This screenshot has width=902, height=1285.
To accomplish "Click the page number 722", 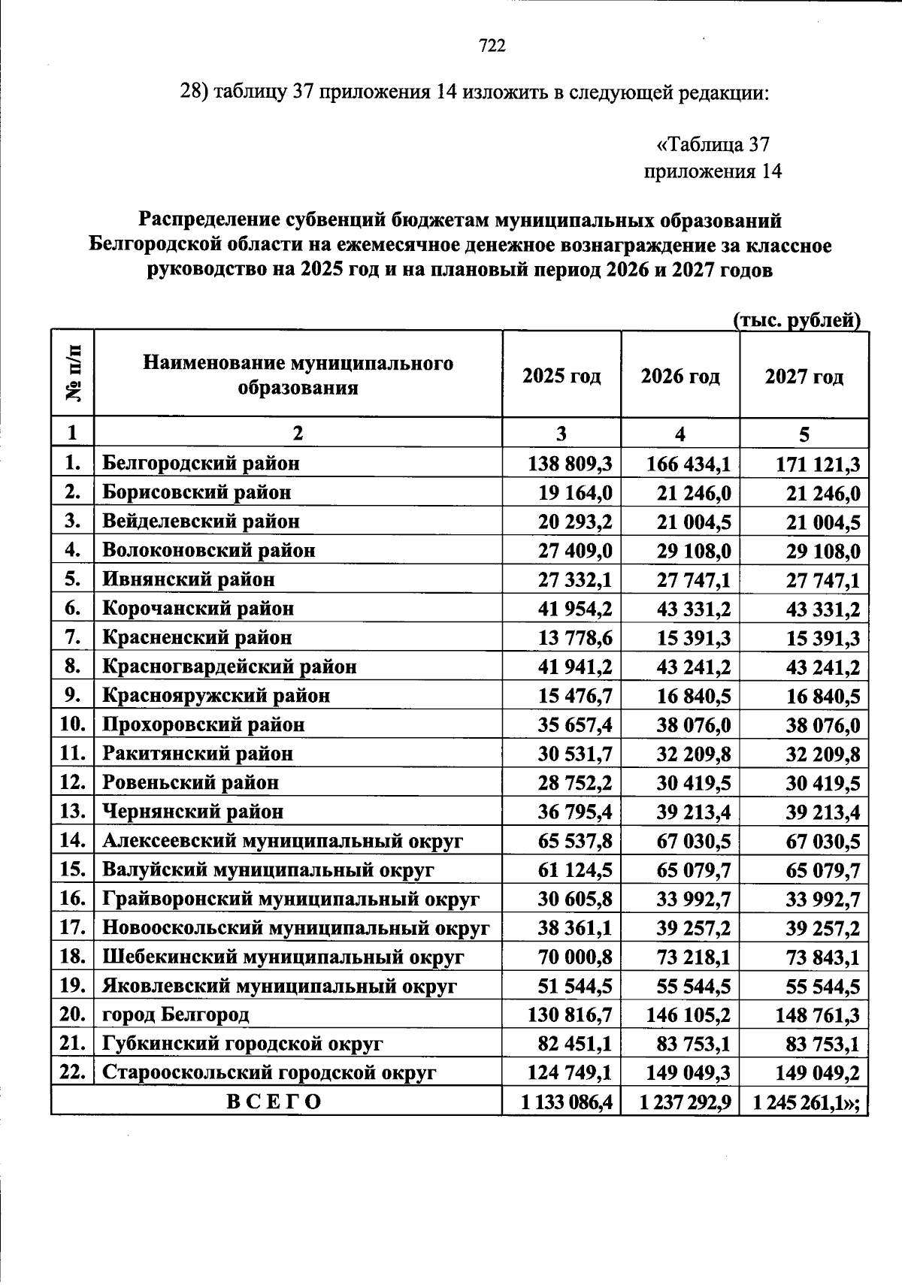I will tap(492, 47).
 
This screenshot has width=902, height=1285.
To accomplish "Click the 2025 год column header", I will tap(561, 376).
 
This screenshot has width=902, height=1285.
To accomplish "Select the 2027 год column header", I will tap(804, 376).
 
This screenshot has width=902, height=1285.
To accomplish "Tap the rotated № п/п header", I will tap(73, 373).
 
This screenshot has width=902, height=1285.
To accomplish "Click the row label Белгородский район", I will tap(201, 463).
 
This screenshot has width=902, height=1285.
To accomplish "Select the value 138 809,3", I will tap(569, 464).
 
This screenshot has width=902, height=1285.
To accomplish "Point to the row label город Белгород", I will tap(175, 1015).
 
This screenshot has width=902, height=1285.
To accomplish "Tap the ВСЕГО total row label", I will tap(274, 1102).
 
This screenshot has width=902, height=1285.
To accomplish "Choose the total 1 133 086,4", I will tap(568, 1102).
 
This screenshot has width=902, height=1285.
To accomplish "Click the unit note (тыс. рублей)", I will tap(796, 321).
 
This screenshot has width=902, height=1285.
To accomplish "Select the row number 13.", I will tap(71, 812).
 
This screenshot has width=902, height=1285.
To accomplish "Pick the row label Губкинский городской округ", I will tap(242, 1044).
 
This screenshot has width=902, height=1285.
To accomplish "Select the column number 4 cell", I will tap(680, 434).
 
